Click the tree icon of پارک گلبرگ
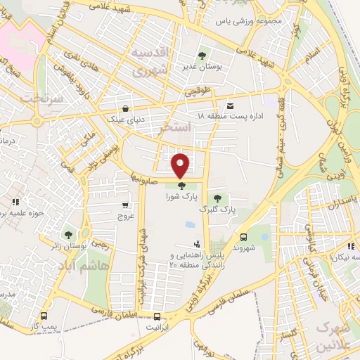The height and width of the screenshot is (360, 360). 218,199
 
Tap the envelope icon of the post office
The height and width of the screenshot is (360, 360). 231,105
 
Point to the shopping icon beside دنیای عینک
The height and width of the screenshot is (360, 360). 125,109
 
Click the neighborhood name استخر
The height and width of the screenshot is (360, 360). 176,128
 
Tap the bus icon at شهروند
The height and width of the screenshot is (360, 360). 243,237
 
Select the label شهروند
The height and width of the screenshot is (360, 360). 241,247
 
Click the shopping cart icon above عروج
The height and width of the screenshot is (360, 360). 125,206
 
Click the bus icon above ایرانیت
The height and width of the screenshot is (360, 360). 153,316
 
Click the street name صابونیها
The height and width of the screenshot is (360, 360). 146,176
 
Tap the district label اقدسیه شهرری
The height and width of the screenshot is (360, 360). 151,64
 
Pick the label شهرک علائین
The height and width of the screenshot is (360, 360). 331,336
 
